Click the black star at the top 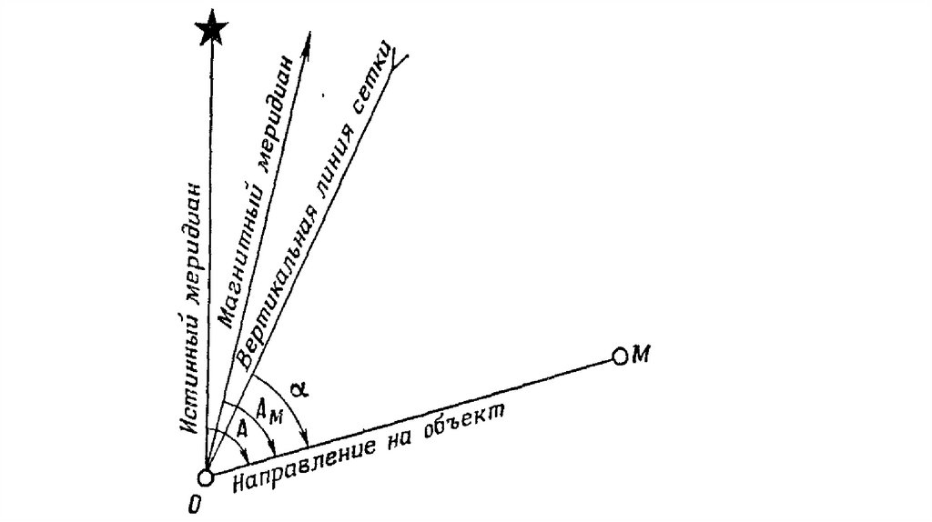pyautogui.click(x=211, y=27)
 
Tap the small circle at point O pyautogui.click(x=207, y=477)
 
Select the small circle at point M pyautogui.click(x=621, y=356)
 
